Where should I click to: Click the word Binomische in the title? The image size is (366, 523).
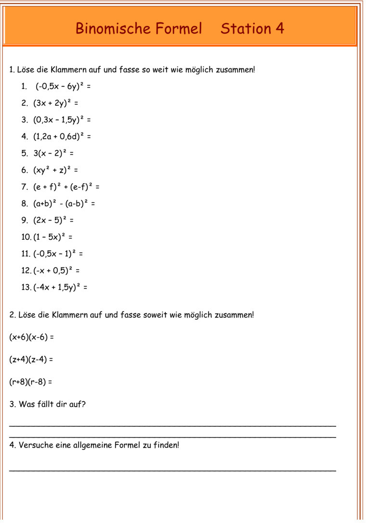(113, 29)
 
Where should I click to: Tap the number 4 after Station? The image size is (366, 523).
(280, 29)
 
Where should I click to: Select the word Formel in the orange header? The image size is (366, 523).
(179, 29)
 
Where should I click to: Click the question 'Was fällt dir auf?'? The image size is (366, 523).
(52, 404)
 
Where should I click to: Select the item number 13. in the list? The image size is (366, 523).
(26, 287)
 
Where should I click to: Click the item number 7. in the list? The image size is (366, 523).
(25, 187)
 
